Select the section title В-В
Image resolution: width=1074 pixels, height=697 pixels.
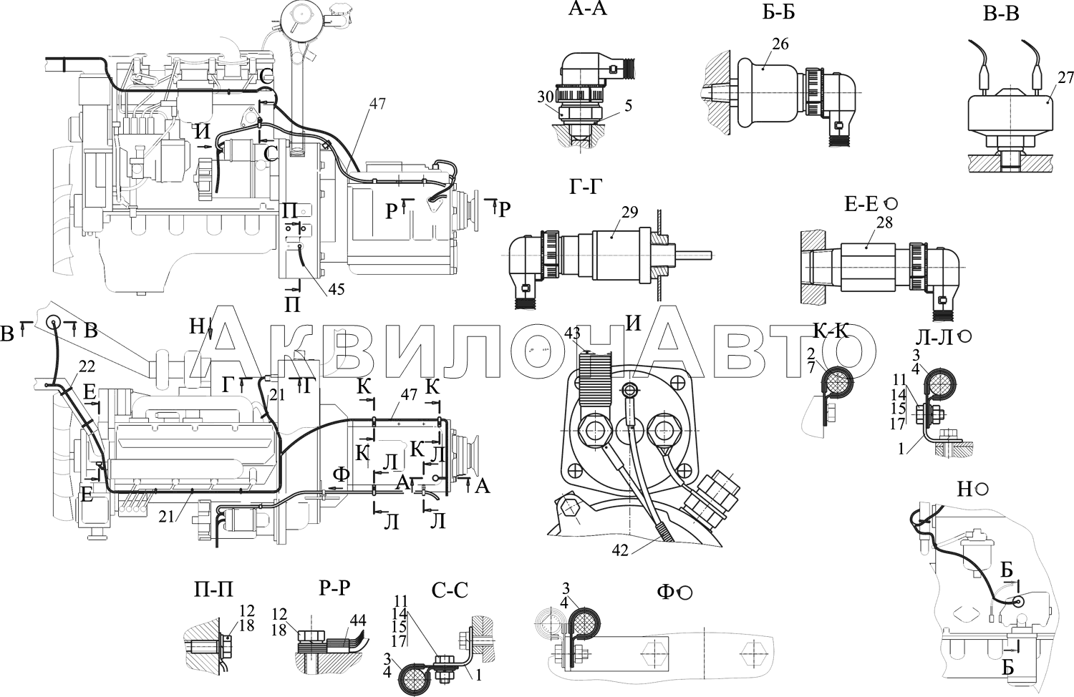click(x=1001, y=14)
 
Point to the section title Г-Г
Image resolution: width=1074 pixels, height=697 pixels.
click(x=586, y=187)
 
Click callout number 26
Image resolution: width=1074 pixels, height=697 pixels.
click(x=780, y=44)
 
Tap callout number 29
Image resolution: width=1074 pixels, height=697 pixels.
click(x=630, y=212)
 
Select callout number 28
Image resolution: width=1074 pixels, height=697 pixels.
click(x=884, y=223)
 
